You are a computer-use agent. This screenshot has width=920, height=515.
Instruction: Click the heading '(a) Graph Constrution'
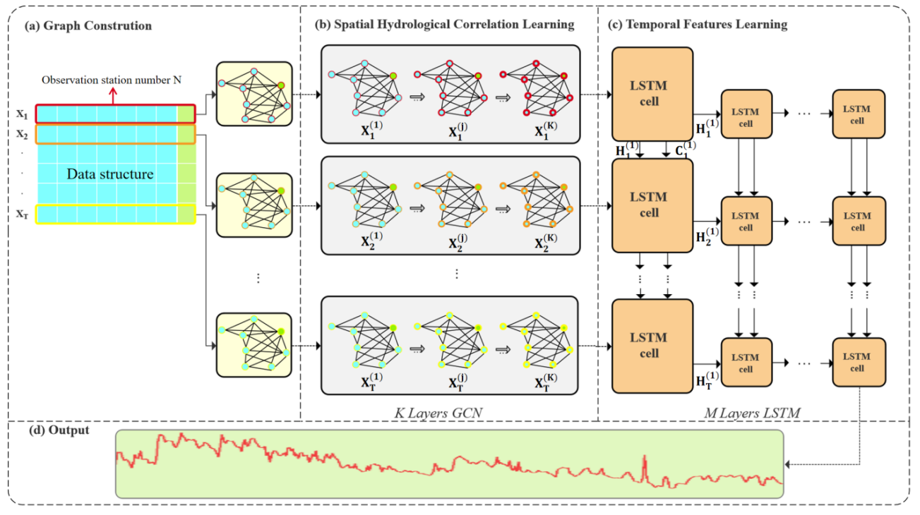tap(88, 26)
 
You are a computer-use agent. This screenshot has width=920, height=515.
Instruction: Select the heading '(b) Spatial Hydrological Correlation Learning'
tap(444, 25)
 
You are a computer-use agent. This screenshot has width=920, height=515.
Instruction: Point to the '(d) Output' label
tap(59, 430)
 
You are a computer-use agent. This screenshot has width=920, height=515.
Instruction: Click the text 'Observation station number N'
tap(111, 80)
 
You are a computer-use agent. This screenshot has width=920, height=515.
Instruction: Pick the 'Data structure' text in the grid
tap(110, 174)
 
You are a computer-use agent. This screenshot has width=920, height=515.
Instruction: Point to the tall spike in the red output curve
tap(644, 466)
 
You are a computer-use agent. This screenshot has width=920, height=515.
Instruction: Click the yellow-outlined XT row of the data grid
tap(114, 214)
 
